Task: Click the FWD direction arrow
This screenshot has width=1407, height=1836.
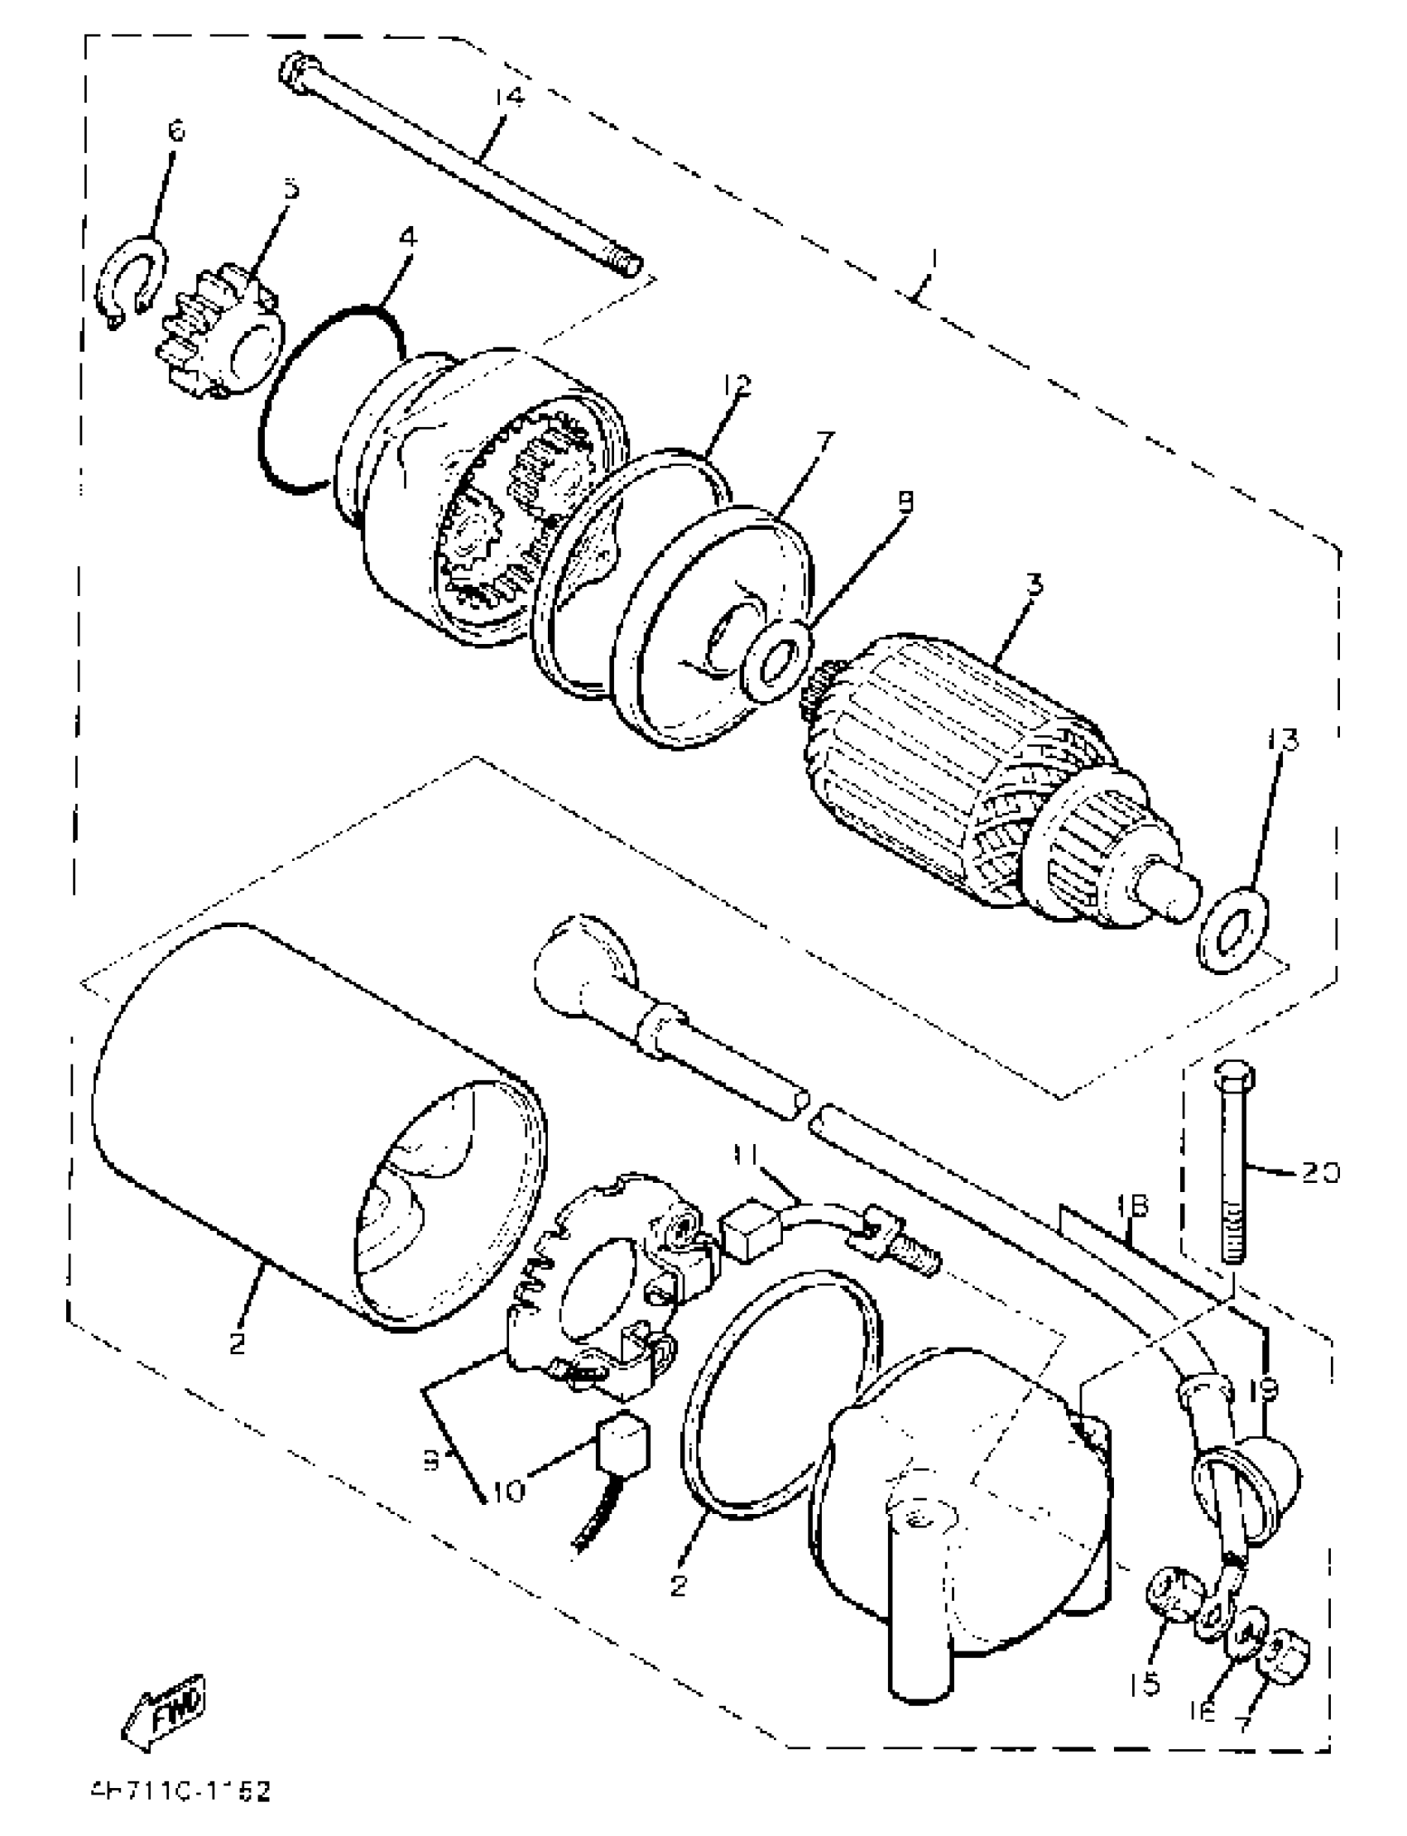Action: click(165, 1708)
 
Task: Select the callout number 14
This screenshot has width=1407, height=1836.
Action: click(507, 97)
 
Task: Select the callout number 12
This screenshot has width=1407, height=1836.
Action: click(737, 384)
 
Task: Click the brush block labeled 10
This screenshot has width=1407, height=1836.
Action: click(622, 1439)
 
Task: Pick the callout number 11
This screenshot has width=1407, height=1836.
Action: click(745, 1155)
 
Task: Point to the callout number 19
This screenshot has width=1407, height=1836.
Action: click(1262, 1389)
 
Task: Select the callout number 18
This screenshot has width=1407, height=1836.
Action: click(1131, 1207)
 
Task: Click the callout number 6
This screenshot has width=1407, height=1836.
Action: click(175, 131)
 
